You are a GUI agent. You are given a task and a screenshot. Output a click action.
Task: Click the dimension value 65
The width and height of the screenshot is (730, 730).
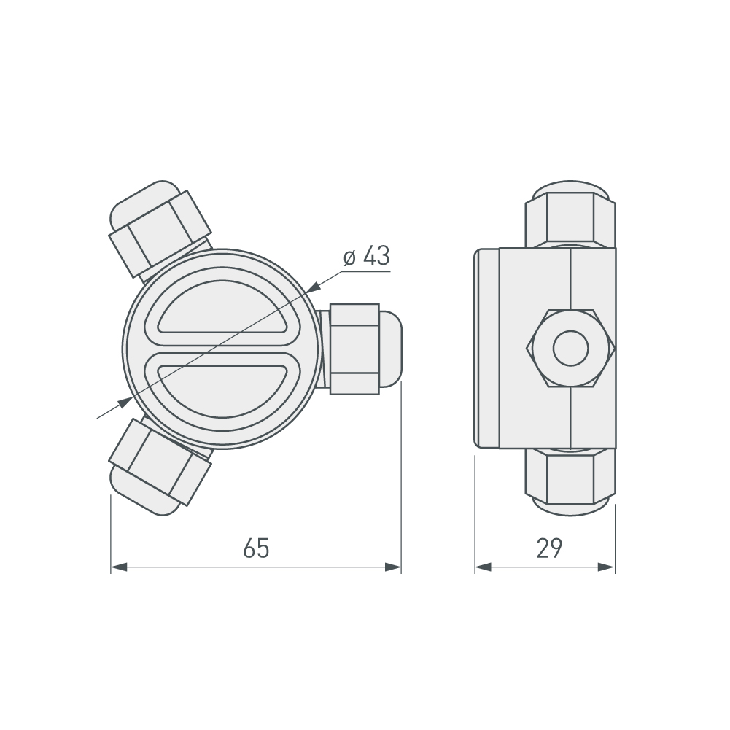point(256,548)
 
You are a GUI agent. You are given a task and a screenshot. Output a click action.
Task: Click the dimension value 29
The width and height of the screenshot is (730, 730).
point(549,548)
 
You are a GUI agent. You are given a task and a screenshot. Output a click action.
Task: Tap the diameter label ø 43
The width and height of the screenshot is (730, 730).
point(366,257)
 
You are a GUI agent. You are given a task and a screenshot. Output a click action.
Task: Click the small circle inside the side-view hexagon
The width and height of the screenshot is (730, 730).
point(570,349)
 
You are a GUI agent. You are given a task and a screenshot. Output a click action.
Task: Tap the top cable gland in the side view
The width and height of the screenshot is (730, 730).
point(570,215)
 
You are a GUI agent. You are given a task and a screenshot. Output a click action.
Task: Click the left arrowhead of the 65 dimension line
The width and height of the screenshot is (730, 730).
point(119,567)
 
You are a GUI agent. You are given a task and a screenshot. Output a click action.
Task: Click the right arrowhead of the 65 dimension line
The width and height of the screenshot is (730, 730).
point(394,567)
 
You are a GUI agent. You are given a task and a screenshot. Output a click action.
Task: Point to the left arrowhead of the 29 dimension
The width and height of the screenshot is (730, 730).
point(484,567)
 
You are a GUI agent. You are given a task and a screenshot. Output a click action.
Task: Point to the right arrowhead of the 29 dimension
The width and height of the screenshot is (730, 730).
point(607,567)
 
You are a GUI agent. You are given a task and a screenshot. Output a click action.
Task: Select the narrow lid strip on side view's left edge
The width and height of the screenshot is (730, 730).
point(487,349)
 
